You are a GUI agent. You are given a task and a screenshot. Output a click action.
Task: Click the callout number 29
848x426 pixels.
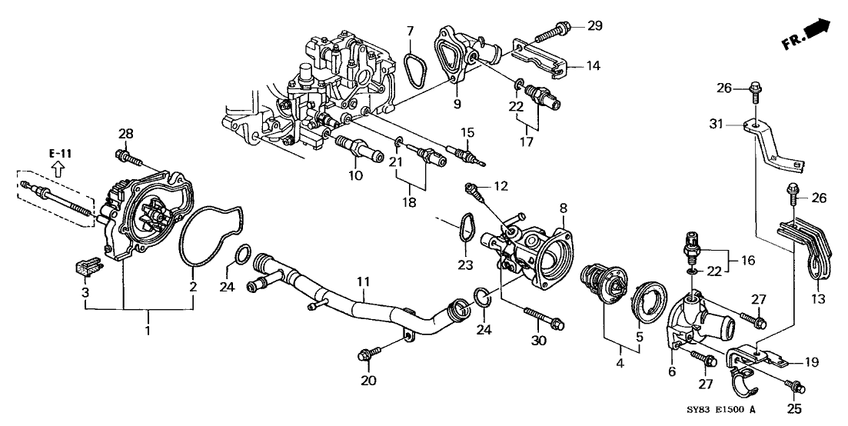[596, 27]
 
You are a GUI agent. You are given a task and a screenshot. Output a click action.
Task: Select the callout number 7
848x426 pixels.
[410, 31]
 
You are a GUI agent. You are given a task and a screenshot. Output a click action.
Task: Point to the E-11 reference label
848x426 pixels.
[60, 154]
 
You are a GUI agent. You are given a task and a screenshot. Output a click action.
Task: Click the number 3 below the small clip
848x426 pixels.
[86, 292]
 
